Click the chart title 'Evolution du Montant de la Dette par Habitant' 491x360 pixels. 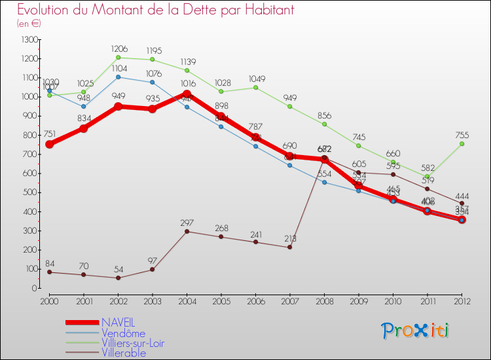click(x=156, y=10)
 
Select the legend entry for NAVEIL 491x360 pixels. click(x=118, y=323)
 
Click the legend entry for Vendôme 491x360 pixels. click(x=123, y=333)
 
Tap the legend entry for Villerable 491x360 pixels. click(x=123, y=353)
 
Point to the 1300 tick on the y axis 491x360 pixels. click(x=29, y=40)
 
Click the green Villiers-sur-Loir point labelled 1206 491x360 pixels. click(x=118, y=58)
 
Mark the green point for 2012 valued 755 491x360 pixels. click(x=462, y=144)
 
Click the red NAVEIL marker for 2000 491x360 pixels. click(x=49, y=144)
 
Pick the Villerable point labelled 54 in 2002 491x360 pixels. click(x=118, y=278)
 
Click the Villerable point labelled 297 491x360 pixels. click(x=187, y=231)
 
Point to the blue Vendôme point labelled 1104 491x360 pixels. click(x=118, y=77)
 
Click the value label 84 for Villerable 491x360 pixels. click(x=49, y=264)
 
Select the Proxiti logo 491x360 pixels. click(x=416, y=331)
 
